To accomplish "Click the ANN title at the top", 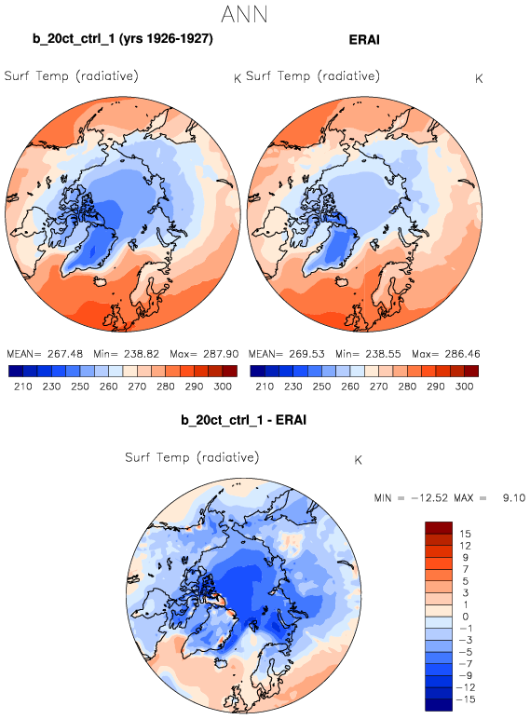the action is point(244,15).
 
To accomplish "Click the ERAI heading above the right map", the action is point(364,39).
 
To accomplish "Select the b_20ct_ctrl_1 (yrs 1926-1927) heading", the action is point(123,38).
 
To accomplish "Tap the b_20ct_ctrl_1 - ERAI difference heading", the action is point(243,420).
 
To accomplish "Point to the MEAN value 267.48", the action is point(64,354).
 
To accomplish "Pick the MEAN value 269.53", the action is point(306,354).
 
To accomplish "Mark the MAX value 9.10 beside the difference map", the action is point(514,498).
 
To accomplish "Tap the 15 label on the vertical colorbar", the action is point(465,534).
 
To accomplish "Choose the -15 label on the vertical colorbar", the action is point(467,699).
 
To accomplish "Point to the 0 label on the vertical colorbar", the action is point(466,617).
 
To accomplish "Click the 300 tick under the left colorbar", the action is point(223,387).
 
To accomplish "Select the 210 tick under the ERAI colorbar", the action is point(265,387).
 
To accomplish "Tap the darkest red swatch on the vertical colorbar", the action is point(439,528).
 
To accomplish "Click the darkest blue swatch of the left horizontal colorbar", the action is point(16,371).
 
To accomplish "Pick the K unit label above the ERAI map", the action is point(479,79).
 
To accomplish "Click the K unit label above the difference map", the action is point(358,460).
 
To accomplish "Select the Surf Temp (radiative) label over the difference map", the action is point(192,457).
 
